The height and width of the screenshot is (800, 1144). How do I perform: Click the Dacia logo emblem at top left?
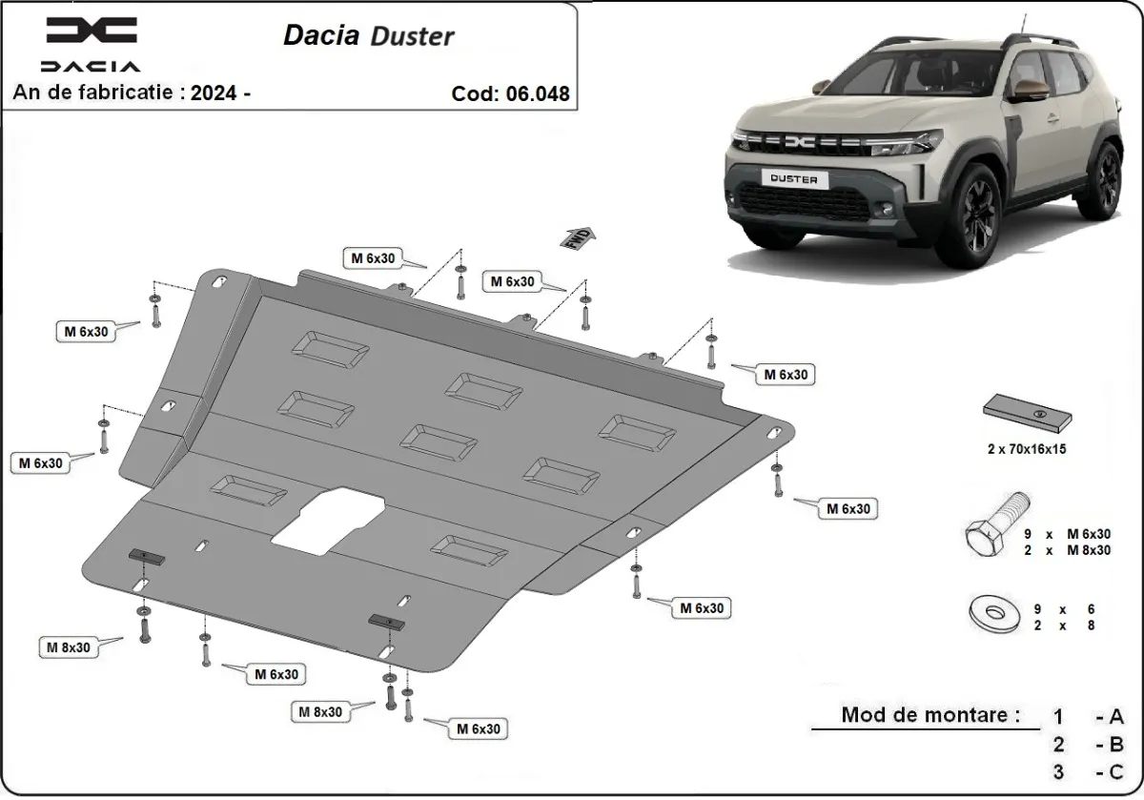92,31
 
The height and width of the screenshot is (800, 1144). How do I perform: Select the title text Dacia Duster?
369,35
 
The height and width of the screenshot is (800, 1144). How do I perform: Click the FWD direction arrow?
579,237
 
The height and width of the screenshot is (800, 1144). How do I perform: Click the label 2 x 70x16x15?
1025,448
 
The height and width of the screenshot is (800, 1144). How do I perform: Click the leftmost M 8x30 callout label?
70,647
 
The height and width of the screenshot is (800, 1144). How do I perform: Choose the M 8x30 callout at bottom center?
321,711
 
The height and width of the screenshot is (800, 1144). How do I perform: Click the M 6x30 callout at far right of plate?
848,509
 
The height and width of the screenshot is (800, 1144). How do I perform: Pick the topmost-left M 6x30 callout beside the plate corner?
86,331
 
